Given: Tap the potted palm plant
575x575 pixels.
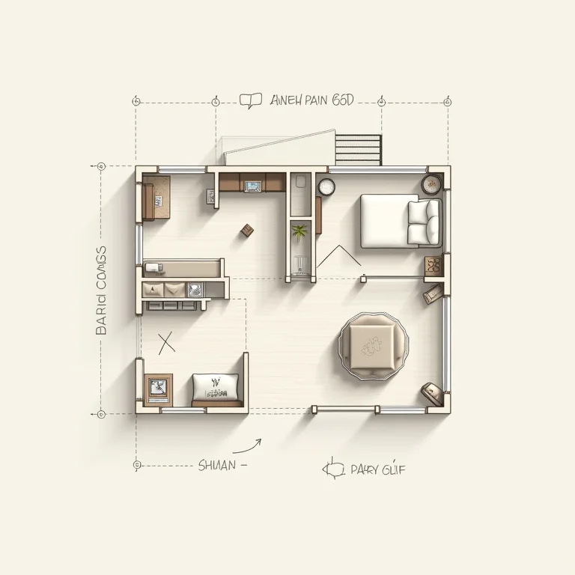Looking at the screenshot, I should point(300,233).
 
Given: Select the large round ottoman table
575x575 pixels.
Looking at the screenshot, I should point(372,344).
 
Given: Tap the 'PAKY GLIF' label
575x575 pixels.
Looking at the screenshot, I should point(378,470).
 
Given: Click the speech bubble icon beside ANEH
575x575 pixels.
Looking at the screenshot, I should point(251,100).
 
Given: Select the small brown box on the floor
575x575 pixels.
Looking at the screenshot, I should point(245,231).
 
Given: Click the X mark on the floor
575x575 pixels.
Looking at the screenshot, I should point(166,343).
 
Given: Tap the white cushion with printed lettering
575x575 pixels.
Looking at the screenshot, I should point(216,386).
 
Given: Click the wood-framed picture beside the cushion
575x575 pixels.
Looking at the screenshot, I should point(159,388).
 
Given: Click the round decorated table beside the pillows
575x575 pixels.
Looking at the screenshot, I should point(432,184).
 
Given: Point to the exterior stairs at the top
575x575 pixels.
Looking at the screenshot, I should point(358,148).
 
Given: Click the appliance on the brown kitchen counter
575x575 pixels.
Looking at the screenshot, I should point(252,183).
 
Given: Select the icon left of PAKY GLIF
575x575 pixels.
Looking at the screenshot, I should point(332,469).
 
